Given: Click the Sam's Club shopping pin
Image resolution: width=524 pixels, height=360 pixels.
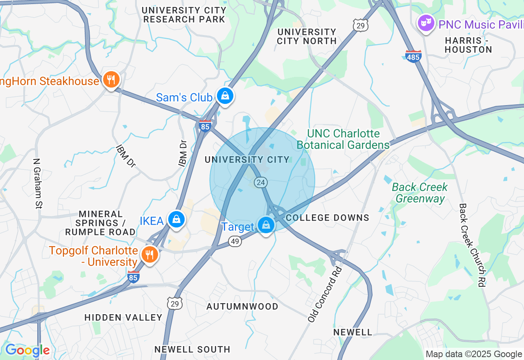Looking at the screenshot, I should point(225,96).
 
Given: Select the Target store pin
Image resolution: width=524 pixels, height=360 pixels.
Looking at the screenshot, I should point(266,225).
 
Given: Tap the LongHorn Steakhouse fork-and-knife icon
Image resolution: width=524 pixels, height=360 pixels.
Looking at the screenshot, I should point(111,79).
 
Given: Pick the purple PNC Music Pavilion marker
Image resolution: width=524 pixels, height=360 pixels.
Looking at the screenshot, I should point(426,23).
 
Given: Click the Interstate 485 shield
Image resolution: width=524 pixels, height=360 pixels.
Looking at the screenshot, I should point(413,56).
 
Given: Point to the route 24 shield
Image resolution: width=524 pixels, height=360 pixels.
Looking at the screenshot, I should point(261,182).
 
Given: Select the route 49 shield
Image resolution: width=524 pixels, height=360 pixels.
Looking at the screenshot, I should point(235,242).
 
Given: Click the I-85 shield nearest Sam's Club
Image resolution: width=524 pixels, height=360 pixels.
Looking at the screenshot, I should point(205,126).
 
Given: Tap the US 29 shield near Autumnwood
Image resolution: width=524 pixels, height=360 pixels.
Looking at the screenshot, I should point(174,303).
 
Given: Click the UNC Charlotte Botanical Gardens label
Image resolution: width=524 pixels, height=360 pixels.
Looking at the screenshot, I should point(343,139).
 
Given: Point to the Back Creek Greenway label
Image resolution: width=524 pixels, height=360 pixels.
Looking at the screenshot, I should point(420,193).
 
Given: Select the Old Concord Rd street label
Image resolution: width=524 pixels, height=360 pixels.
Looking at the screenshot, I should point(325,294).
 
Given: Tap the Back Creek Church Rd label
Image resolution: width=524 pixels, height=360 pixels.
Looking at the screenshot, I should point(472,245).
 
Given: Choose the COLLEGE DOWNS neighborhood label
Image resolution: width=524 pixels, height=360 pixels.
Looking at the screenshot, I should point(327,218).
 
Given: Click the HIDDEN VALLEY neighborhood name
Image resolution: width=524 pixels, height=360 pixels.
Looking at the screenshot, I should point(123,317).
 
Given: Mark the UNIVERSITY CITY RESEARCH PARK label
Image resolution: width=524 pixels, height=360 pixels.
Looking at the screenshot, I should point(184,15).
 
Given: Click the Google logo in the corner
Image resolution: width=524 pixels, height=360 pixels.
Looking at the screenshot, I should point(27,350).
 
